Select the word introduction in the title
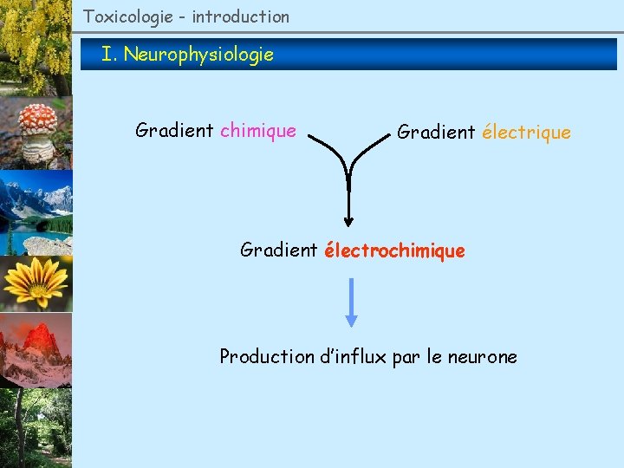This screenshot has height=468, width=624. tap(240, 16)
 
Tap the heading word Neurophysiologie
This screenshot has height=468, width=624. tap(198, 55)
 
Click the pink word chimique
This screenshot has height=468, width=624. tap(258, 131)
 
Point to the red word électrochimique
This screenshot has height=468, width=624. tap(394, 251)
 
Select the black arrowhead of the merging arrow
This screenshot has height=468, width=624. tap(348, 219)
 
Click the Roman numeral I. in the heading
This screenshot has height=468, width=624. tap(108, 55)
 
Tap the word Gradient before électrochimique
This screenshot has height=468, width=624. tap(279, 251)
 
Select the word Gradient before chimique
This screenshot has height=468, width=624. tap(174, 131)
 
